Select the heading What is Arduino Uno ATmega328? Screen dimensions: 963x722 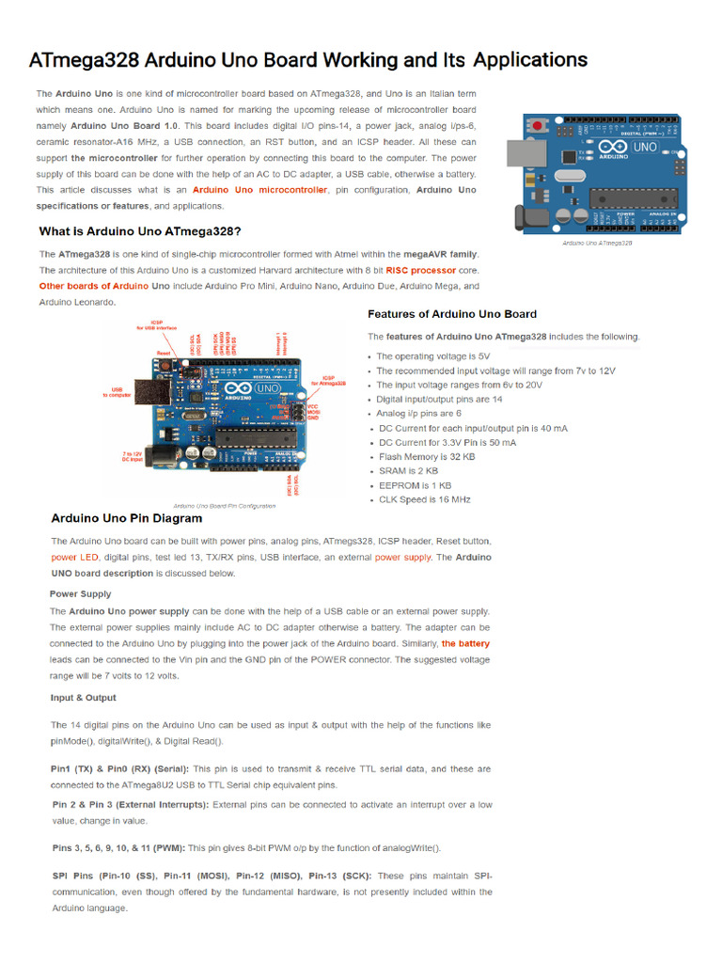point(139,230)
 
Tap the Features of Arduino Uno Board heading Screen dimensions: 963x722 point(451,314)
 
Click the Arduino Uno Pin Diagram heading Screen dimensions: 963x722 point(126,518)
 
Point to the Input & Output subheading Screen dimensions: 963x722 point(83,698)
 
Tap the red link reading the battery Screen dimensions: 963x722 point(465,644)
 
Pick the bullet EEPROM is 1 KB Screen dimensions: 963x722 point(415,485)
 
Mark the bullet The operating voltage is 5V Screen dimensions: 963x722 point(432,356)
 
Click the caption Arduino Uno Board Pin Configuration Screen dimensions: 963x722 point(224,506)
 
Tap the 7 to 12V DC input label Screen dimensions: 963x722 point(133,455)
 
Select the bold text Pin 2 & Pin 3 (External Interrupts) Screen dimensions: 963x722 point(130,805)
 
